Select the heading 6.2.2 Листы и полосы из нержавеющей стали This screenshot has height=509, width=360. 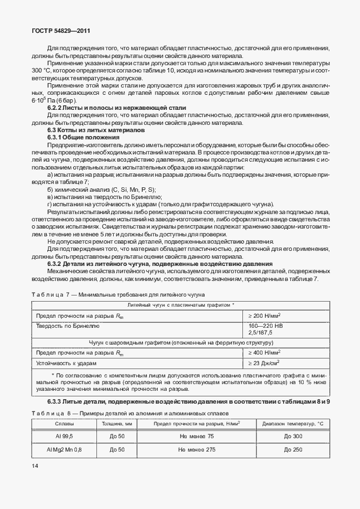(x=116, y=107)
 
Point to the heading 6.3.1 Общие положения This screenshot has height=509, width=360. (x=83, y=137)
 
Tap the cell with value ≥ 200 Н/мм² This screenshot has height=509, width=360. (x=264, y=315)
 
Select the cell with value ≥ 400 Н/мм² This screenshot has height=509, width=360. (x=264, y=352)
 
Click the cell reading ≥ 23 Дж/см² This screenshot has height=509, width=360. (x=264, y=363)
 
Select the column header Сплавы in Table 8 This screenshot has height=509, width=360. (x=56, y=424)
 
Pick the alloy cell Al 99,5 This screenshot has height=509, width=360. (x=56, y=435)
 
